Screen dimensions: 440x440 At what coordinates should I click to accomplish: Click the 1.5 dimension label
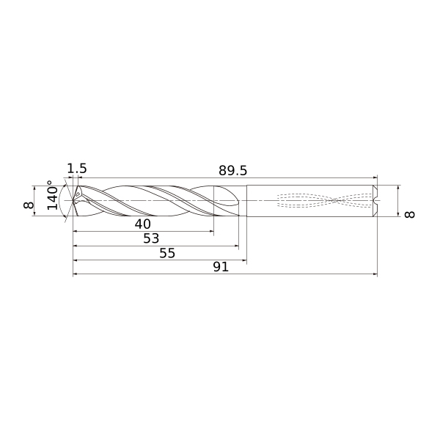[77, 169]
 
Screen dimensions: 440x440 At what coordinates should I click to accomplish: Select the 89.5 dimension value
[233, 171]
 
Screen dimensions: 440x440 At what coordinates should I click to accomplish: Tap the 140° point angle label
[53, 195]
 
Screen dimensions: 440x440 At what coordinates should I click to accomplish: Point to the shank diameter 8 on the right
[409, 214]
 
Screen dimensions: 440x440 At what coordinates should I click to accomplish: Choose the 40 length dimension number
[143, 224]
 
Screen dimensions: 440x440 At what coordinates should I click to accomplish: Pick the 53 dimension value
[151, 238]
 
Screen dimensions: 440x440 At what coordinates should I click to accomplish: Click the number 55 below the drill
[167, 253]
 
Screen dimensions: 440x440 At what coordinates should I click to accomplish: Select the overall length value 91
[221, 267]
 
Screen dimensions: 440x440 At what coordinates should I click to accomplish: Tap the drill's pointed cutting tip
[73, 200]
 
